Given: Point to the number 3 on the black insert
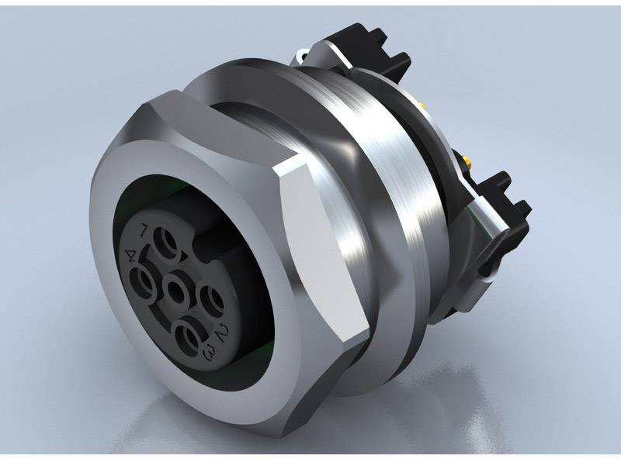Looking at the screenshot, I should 208,354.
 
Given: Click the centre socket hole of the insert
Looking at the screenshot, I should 176,292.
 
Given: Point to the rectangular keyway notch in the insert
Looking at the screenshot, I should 203,247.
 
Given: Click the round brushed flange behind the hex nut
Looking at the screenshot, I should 404,217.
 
